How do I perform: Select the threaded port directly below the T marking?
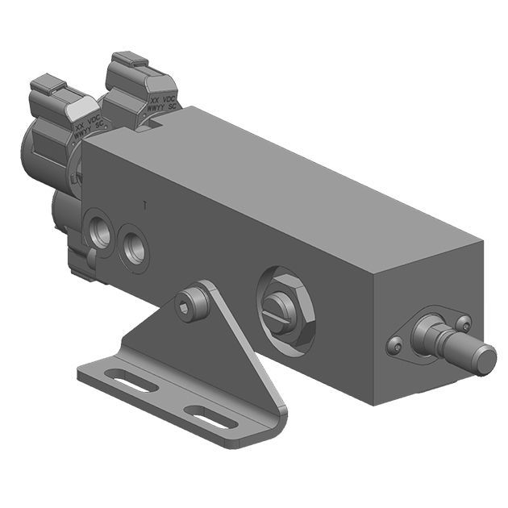(134, 247)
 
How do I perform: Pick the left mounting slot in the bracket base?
(132, 381)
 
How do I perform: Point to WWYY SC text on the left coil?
(90, 135)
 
